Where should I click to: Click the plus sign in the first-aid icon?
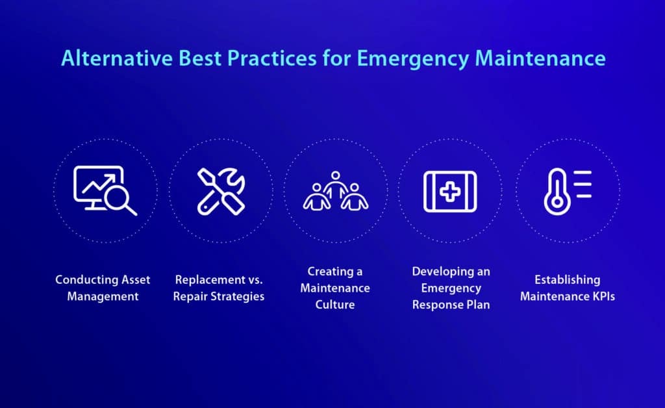pyautogui.click(x=450, y=191)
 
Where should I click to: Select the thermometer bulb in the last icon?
pyautogui.click(x=555, y=201)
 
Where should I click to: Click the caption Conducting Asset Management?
pyautogui.click(x=103, y=288)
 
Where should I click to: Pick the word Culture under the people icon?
pyautogui.click(x=336, y=304)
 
